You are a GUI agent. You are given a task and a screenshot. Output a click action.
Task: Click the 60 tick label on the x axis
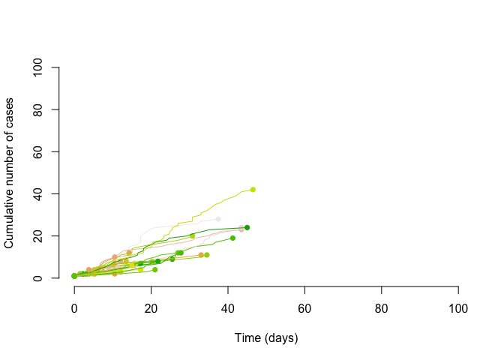pyautogui.click(x=304, y=308)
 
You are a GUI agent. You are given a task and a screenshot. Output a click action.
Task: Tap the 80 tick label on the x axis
pyautogui.click(x=381, y=308)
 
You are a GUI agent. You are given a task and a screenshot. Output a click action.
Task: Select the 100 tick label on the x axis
pyautogui.click(x=458, y=308)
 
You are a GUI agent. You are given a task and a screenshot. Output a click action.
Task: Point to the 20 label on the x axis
pyautogui.click(x=151, y=308)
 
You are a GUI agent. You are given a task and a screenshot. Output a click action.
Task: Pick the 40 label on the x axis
pyautogui.click(x=228, y=308)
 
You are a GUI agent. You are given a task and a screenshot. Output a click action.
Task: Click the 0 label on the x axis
pyautogui.click(x=74, y=308)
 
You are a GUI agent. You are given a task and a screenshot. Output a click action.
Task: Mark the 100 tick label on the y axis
pyautogui.click(x=37, y=67)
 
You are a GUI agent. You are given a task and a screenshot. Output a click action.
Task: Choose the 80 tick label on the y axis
pyautogui.click(x=37, y=109)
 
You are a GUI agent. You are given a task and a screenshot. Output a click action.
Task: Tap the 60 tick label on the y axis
pyautogui.click(x=37, y=151)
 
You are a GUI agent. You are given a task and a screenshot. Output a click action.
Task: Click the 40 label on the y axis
pyautogui.click(x=37, y=193)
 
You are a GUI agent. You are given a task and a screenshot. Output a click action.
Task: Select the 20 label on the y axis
pyautogui.click(x=37, y=236)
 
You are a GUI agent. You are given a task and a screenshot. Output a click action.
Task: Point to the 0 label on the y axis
pyautogui.click(x=37, y=278)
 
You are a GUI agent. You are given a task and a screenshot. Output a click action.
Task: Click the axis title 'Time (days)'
pyautogui.click(x=266, y=338)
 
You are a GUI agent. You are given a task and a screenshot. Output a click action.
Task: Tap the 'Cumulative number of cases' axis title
pyautogui.click(x=10, y=172)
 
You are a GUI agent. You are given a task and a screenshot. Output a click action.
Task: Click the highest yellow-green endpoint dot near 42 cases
pyautogui.click(x=253, y=190)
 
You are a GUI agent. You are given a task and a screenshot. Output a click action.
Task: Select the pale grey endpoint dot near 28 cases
pyautogui.click(x=218, y=219)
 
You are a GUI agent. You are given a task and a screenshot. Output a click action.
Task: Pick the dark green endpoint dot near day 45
pyautogui.click(x=247, y=227)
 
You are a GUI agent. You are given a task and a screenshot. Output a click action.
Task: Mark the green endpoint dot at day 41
pyautogui.click(x=232, y=238)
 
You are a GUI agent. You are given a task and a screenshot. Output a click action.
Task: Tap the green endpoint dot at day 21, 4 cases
pyautogui.click(x=155, y=269)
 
